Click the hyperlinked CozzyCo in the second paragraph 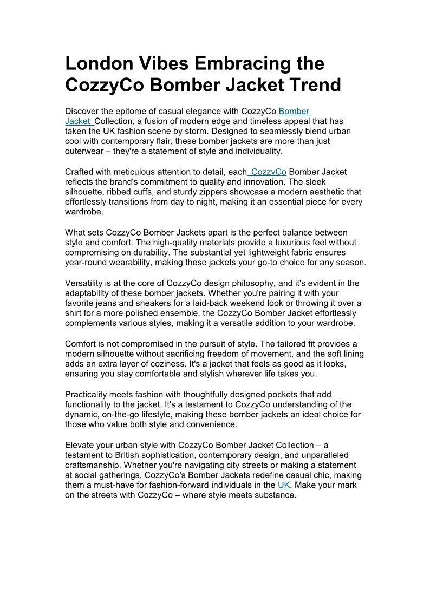point(269,172)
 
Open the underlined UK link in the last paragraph point(284,485)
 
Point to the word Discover point(82,112)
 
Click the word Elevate point(81,445)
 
